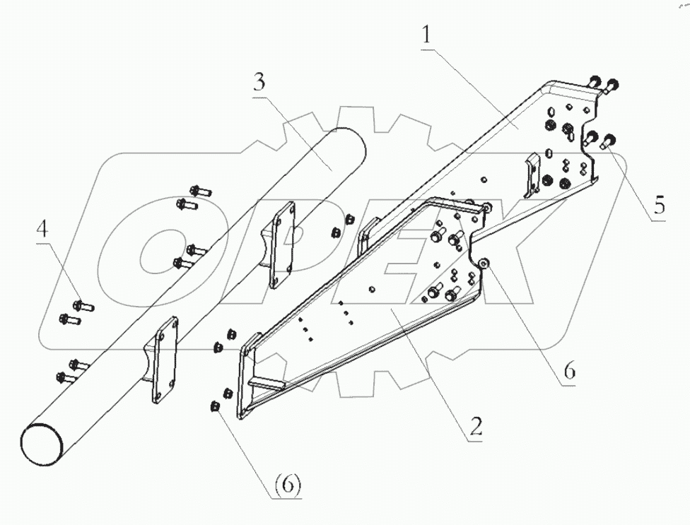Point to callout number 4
(43, 230)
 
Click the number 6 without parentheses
(571, 370)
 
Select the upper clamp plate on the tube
(282, 244)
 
